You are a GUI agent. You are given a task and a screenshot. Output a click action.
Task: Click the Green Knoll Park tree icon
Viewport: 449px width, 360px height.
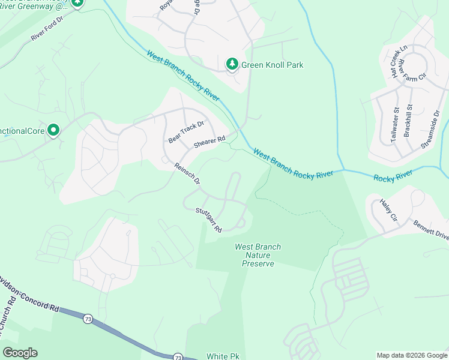[x=232, y=64]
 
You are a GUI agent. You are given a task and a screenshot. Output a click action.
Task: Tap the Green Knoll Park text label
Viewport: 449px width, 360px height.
[x=273, y=65]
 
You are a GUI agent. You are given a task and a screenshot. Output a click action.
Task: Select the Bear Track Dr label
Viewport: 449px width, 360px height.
[x=186, y=132]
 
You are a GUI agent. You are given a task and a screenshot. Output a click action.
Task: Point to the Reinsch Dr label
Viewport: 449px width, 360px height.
[x=187, y=174]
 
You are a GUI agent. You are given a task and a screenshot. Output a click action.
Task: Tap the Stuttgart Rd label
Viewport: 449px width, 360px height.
[x=209, y=220]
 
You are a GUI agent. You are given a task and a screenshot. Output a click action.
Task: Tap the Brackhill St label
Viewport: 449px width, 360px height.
[x=409, y=122]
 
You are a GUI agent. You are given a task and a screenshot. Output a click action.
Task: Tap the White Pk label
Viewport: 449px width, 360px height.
[x=223, y=356]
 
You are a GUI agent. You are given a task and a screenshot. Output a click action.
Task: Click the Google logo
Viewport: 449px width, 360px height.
[x=20, y=353]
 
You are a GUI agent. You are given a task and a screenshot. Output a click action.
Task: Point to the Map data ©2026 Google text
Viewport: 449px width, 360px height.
[x=411, y=355]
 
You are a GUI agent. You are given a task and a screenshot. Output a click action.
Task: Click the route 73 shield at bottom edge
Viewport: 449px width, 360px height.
[x=178, y=357]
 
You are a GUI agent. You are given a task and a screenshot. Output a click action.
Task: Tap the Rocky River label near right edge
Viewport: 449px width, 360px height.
[x=393, y=176]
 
